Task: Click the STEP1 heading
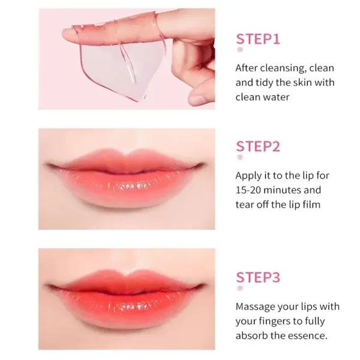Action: (258, 40)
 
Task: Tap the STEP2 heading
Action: (259, 146)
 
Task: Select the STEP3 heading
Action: (259, 277)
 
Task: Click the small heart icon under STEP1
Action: (240, 50)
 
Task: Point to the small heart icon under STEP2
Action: (240, 157)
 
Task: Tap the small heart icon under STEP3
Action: (240, 289)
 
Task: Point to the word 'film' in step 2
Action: (311, 204)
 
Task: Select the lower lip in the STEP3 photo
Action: (126, 317)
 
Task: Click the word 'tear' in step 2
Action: (245, 204)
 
